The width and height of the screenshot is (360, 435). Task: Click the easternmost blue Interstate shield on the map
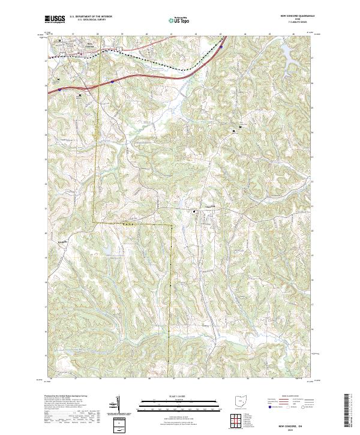point(221,46)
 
